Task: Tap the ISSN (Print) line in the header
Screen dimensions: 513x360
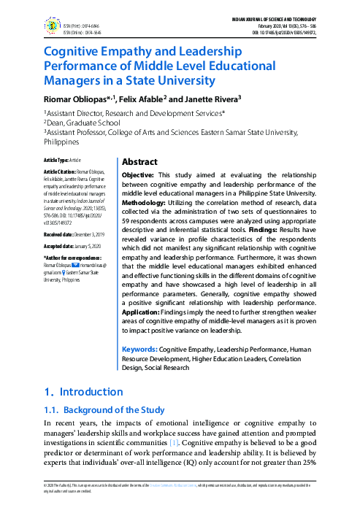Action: (81, 25)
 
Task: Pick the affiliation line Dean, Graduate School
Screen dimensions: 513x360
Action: (83, 123)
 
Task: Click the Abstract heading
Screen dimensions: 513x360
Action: (139, 162)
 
